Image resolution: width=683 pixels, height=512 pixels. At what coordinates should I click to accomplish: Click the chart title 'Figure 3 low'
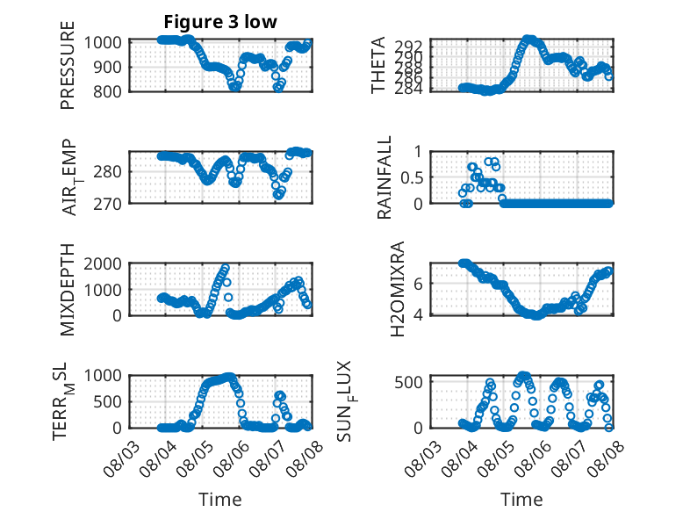click(x=220, y=22)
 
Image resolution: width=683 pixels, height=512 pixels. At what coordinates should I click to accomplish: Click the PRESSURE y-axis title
click(x=68, y=65)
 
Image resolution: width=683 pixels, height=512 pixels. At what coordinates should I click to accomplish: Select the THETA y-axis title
click(x=378, y=65)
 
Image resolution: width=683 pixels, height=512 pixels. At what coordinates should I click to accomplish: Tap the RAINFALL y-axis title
click(x=385, y=177)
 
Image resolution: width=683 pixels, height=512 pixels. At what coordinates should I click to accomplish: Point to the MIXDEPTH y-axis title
click(x=68, y=289)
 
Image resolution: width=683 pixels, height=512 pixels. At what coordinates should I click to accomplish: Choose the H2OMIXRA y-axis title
click(x=398, y=289)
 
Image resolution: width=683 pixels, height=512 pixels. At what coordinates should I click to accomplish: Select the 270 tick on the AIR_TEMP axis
click(x=107, y=204)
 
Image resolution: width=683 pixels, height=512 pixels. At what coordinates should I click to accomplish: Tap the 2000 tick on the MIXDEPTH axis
click(x=103, y=263)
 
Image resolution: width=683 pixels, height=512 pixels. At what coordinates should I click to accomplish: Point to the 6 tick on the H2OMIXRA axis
click(x=418, y=284)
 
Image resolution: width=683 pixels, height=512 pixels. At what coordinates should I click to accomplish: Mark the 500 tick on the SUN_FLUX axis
click(x=408, y=382)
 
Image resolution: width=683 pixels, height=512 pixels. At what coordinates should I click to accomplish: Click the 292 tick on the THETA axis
click(x=408, y=46)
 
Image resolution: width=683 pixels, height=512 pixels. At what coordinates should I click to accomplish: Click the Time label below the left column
click(x=220, y=499)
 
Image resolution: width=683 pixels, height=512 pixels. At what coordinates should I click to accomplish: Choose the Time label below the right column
click(x=521, y=499)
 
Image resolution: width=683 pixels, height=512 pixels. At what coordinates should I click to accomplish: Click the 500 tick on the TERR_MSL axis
click(x=107, y=401)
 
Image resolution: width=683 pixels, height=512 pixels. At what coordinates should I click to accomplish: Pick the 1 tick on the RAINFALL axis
click(x=419, y=152)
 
